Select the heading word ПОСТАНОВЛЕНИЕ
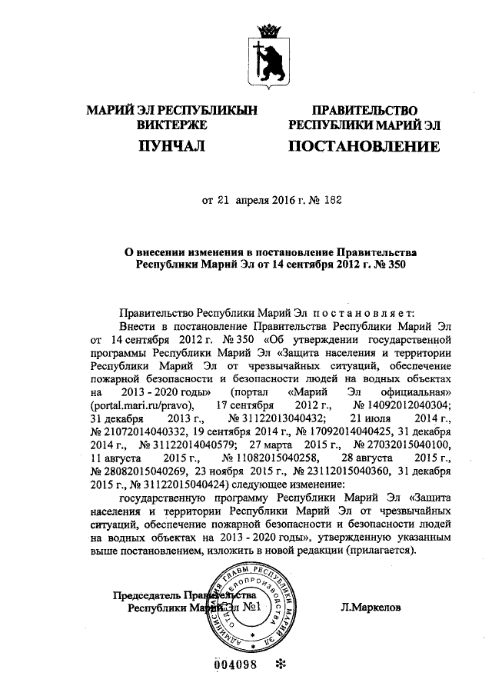(x=364, y=145)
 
